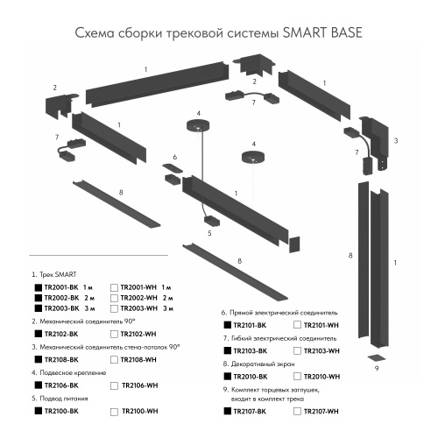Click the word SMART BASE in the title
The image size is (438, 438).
pos(322,34)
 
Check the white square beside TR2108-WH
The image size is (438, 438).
pos(115,360)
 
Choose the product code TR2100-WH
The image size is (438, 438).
pos(138,411)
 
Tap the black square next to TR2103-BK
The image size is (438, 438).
pos(227,350)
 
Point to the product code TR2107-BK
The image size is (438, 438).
pos(252,410)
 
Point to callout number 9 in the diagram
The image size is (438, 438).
pos(376,370)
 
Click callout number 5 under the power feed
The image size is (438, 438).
pos(209,233)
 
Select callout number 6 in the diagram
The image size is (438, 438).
pos(175,158)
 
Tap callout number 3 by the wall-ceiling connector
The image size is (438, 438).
pos(397,140)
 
